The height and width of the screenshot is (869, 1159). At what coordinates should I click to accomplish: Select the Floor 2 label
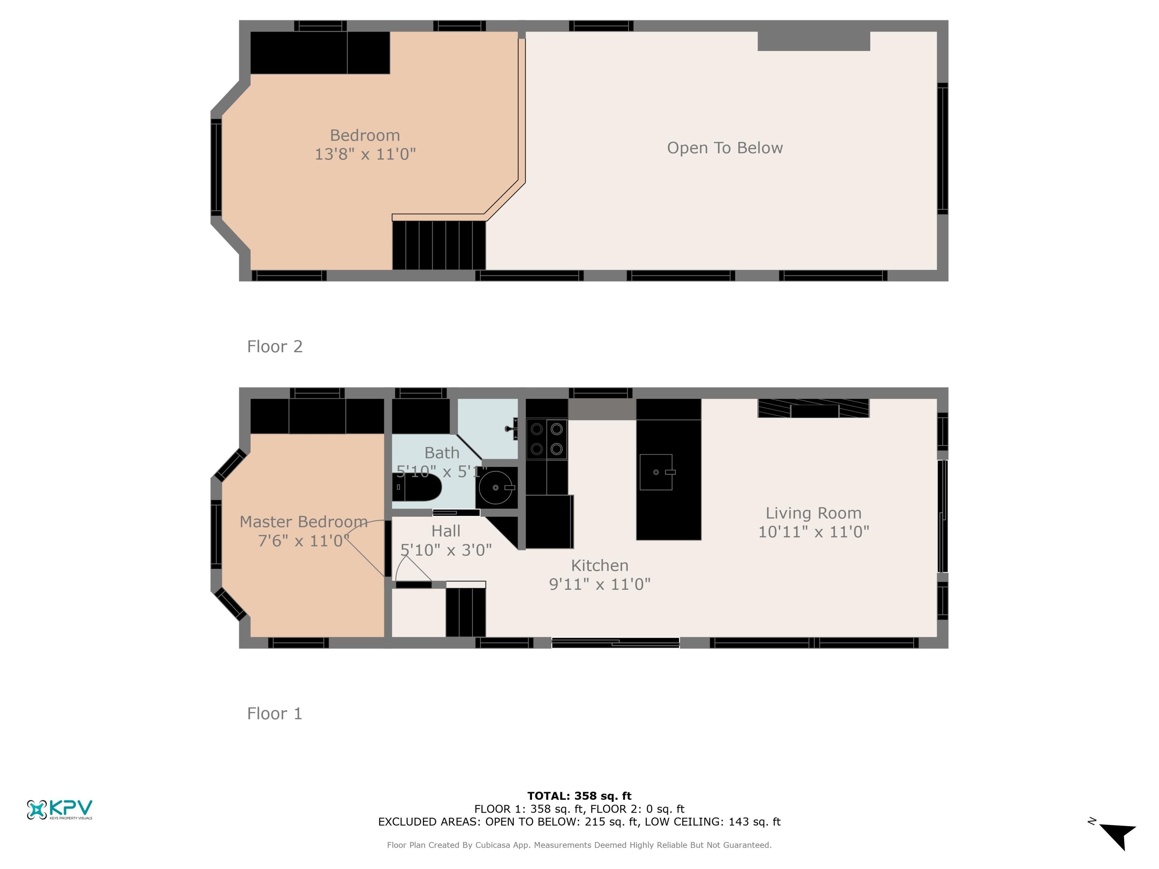[275, 346]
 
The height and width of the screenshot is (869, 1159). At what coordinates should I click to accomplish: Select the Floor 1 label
[275, 713]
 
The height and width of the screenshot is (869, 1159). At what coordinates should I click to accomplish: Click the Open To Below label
[725, 148]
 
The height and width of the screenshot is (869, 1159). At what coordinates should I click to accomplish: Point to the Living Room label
[813, 513]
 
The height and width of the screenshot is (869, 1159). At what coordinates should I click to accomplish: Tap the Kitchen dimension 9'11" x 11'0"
[600, 584]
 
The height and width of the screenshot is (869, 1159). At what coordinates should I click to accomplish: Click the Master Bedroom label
[303, 522]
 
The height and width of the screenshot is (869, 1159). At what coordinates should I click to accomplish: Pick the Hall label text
[446, 531]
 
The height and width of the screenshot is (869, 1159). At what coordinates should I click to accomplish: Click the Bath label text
[442, 453]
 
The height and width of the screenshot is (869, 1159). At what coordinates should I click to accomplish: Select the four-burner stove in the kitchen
[547, 439]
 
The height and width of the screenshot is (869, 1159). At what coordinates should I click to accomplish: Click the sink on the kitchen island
[656, 472]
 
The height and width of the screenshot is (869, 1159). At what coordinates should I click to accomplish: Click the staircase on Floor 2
[439, 245]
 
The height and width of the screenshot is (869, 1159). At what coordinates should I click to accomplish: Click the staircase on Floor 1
[465, 612]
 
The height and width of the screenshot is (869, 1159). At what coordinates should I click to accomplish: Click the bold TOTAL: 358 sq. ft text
[579, 796]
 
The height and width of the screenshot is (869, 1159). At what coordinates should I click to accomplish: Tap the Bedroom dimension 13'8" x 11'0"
[365, 154]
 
